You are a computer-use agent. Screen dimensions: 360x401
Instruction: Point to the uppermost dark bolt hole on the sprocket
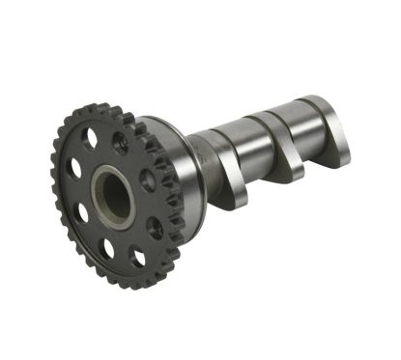[x=120, y=142]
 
